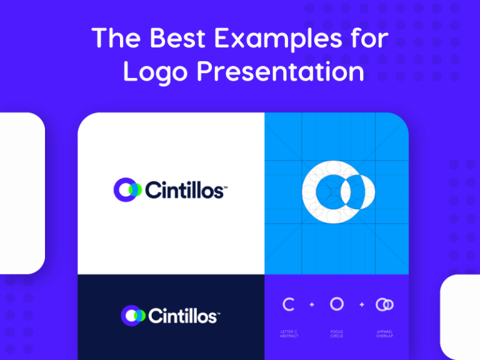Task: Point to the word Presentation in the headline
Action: [281, 72]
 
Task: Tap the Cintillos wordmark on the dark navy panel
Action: [182, 316]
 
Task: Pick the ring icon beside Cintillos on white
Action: [127, 189]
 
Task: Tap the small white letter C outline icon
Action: [288, 304]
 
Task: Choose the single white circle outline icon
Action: [337, 304]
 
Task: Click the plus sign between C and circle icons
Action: [312, 305]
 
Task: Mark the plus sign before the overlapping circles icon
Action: [361, 305]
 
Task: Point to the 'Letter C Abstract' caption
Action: [289, 334]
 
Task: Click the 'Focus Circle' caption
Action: [337, 334]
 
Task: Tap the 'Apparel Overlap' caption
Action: [385, 334]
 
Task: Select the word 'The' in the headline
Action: [114, 39]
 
